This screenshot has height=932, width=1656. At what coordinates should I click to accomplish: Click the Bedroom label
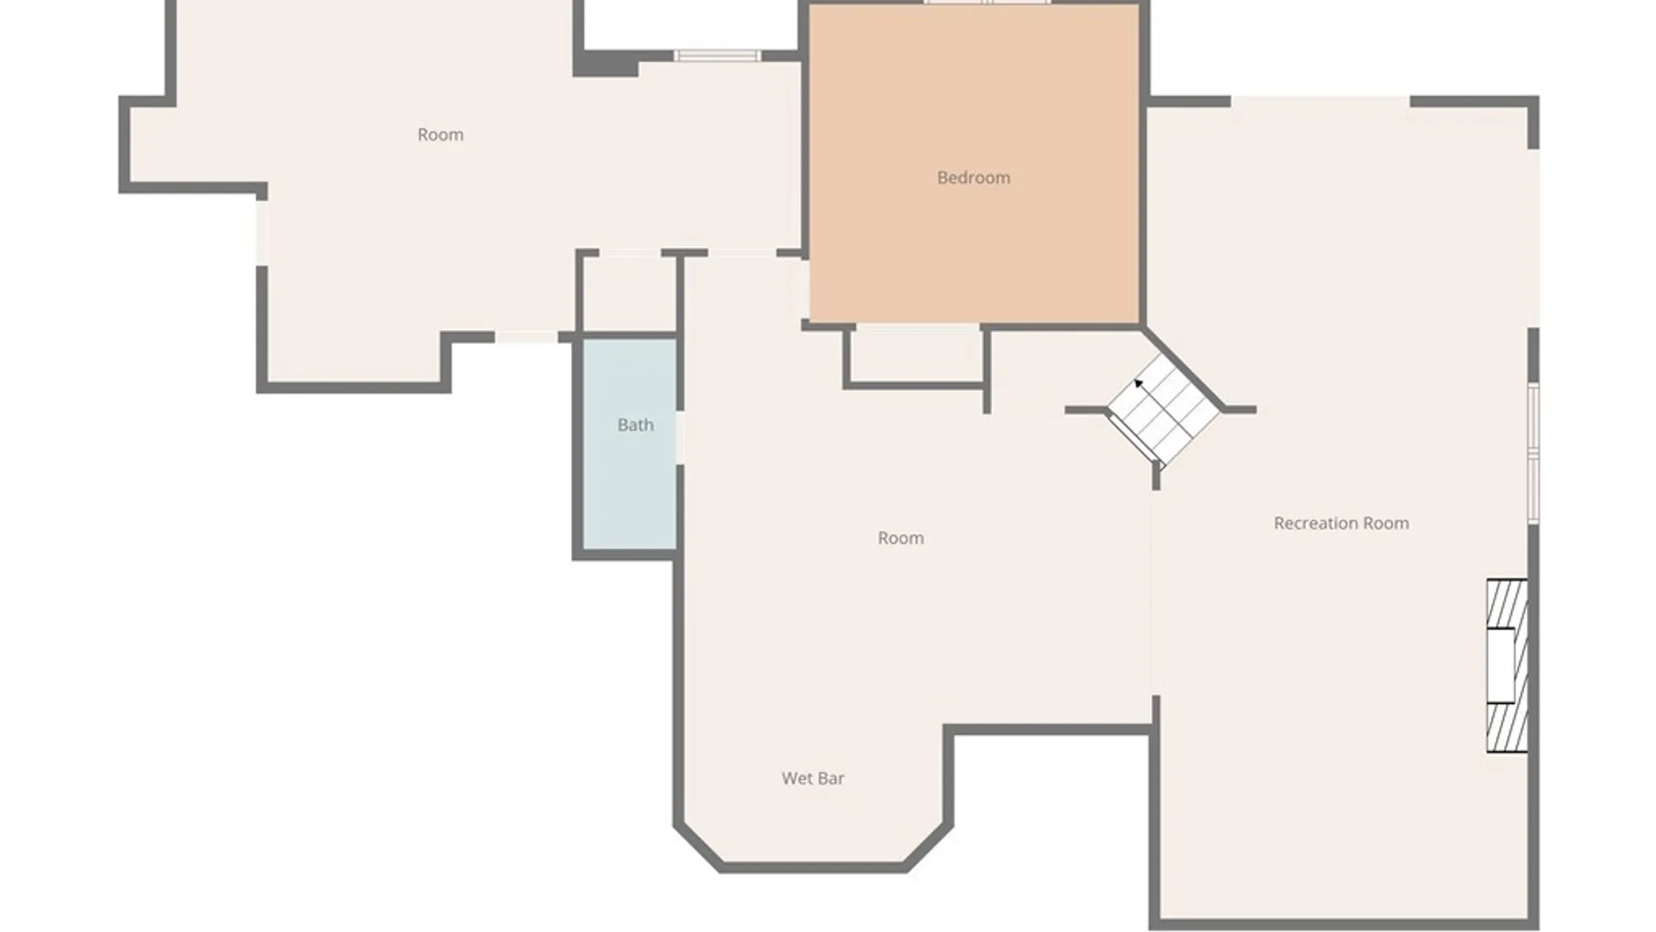(x=973, y=178)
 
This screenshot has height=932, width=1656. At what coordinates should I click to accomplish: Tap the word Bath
(x=636, y=425)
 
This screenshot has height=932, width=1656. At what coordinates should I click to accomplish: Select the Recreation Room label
(x=1341, y=523)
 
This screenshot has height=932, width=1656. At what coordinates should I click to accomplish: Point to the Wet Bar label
(x=812, y=778)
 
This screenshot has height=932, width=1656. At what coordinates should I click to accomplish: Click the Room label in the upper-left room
(x=441, y=135)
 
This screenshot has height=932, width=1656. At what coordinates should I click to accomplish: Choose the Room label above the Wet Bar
(x=900, y=538)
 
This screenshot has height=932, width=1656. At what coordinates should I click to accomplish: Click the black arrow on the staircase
(x=1138, y=383)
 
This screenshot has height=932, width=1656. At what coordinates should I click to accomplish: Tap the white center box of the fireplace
(x=1502, y=665)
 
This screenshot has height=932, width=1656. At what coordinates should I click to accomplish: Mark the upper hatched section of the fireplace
(x=1507, y=604)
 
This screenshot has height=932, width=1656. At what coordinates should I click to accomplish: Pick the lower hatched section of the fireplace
(x=1507, y=727)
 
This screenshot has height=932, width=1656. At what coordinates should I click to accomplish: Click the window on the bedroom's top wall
(x=988, y=3)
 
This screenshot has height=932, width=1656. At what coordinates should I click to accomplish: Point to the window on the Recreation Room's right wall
(x=1534, y=453)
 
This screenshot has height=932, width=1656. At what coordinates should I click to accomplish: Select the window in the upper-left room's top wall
(x=718, y=56)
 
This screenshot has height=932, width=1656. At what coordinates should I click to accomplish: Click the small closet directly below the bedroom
(x=916, y=356)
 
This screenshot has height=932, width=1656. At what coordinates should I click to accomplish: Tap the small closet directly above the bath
(x=628, y=293)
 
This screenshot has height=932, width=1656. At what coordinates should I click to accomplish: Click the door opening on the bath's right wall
(x=680, y=438)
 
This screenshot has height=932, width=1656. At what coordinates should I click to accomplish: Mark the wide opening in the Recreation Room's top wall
(x=1320, y=102)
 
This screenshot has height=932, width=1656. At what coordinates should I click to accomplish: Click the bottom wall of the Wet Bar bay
(x=812, y=867)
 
